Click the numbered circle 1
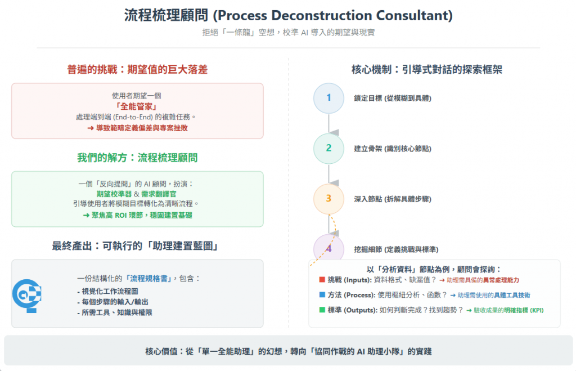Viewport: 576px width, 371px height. [x=328, y=98]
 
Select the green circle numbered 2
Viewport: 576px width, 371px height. [x=328, y=148]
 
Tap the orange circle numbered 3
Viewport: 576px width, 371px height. [x=328, y=199]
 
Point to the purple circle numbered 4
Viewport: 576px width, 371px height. [x=328, y=248]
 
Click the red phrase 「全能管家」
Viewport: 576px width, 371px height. [x=137, y=106]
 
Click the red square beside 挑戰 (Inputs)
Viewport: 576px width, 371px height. [x=322, y=280]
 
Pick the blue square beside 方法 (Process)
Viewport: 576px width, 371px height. [x=322, y=294]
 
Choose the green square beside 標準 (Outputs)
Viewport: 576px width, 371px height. [x=322, y=310]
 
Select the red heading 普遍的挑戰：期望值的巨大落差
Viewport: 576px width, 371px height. [x=137, y=70]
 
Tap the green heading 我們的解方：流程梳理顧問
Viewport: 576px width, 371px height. [x=137, y=158]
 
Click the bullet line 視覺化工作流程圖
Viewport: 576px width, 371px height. [x=107, y=292]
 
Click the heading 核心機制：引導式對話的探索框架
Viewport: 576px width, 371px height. [x=426, y=70]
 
